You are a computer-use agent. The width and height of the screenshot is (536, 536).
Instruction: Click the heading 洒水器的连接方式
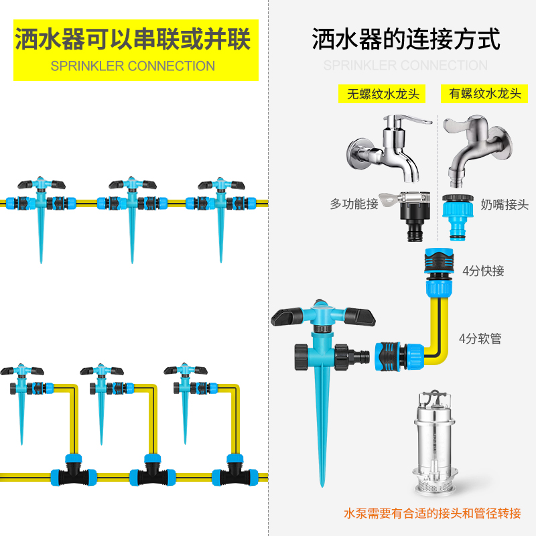coord(406,40)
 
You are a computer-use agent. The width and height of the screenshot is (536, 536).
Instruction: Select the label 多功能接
coord(354,204)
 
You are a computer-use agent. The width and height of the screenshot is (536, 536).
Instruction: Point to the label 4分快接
coord(483,271)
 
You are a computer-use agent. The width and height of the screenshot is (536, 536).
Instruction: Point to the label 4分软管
coord(480,338)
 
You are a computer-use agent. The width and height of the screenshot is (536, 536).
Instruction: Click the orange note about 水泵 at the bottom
coord(431,514)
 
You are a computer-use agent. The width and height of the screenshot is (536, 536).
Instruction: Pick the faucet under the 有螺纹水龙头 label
coord(477,147)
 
